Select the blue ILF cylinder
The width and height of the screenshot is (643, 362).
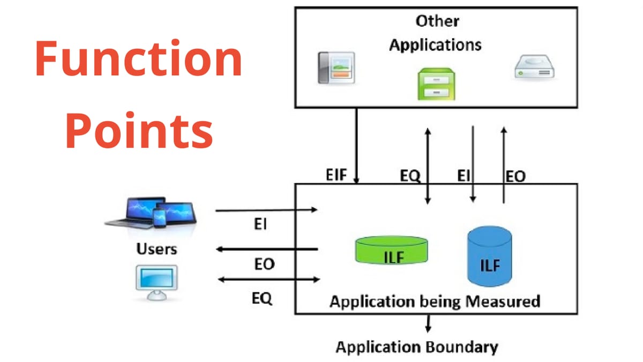(489, 256)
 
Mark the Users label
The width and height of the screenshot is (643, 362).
(156, 249)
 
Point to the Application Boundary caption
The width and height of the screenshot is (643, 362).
(417, 347)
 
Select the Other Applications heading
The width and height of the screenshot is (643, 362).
(435, 33)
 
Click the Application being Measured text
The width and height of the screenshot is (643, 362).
(435, 301)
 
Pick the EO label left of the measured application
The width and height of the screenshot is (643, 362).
(264, 264)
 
